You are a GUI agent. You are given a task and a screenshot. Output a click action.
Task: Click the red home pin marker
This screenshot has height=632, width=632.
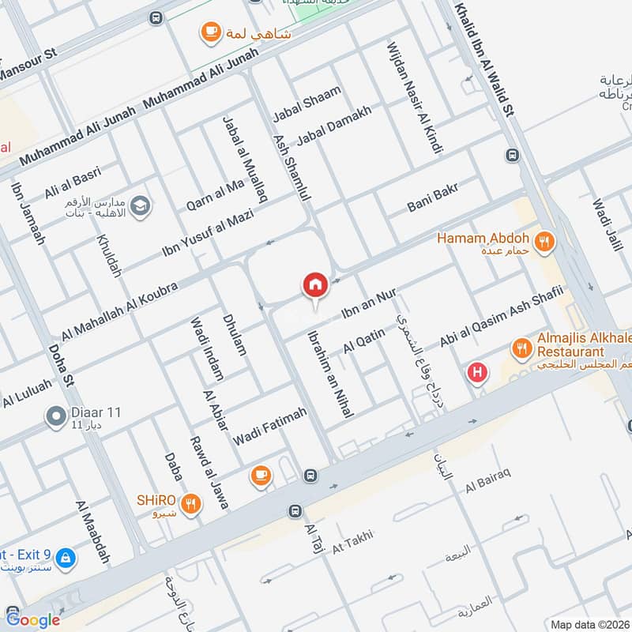[315, 285]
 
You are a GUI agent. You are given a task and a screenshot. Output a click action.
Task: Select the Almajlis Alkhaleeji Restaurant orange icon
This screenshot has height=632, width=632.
[521, 347]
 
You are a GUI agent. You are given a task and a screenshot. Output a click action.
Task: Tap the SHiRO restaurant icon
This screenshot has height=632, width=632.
[190, 503]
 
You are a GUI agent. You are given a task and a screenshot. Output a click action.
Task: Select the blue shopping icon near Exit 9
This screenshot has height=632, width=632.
[66, 558]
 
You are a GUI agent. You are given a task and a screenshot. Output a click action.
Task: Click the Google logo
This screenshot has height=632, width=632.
[32, 619]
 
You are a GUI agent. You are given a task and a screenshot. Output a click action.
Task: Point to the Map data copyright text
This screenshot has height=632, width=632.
[589, 624]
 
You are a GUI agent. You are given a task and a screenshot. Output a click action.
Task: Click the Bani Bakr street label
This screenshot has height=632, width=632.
[433, 197]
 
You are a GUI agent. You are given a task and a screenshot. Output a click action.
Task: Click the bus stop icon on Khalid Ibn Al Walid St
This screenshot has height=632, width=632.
[513, 155]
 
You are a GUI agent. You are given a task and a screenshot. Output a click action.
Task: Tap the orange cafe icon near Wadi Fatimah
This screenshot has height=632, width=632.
[260, 475]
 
